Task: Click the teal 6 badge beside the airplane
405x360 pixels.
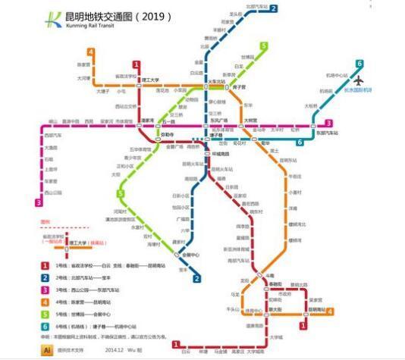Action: [x=359, y=64]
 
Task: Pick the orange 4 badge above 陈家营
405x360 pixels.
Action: [x=90, y=52]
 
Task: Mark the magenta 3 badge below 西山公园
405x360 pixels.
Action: [x=39, y=202]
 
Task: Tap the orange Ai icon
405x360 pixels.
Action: [x=48, y=350]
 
